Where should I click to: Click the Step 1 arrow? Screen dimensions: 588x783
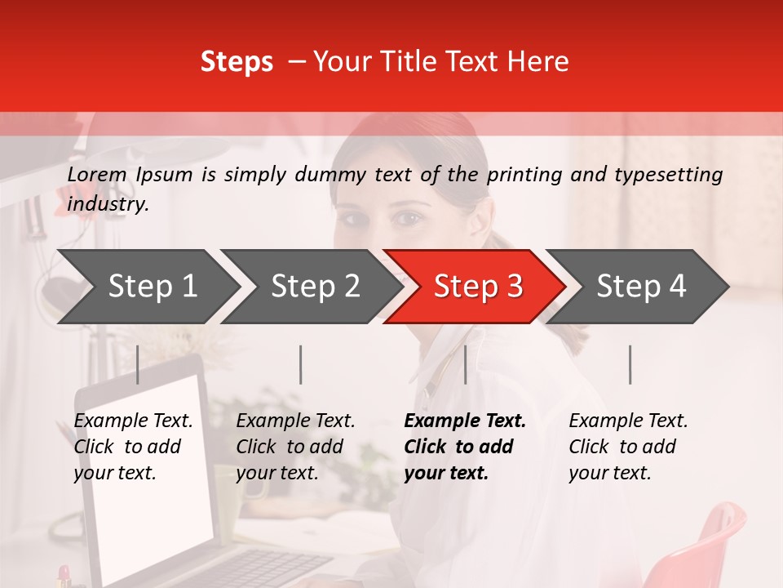pos(151,287)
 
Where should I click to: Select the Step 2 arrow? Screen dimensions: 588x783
pos(314,287)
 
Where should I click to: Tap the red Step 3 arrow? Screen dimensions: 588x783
pos(477,287)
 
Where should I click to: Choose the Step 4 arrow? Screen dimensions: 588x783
pos(640,287)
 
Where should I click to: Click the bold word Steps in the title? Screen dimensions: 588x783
pos(237,62)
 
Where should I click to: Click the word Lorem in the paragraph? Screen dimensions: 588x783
pos(97,174)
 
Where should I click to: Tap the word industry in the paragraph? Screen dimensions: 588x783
pos(107,204)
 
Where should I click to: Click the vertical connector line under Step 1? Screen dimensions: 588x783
pos(138,364)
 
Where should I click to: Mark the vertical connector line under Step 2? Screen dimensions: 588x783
pos(301,364)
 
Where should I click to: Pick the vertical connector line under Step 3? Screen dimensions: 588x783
pos(465,364)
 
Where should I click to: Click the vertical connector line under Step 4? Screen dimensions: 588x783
pos(630,364)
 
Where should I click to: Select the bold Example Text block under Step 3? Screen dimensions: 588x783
pos(465,447)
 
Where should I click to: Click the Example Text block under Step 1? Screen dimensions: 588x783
pos(134,447)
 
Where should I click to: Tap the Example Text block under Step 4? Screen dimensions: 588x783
pos(628,447)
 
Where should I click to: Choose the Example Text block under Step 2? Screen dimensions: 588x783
pos(295,447)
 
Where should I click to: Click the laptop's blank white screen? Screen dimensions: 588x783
pos(147,490)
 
